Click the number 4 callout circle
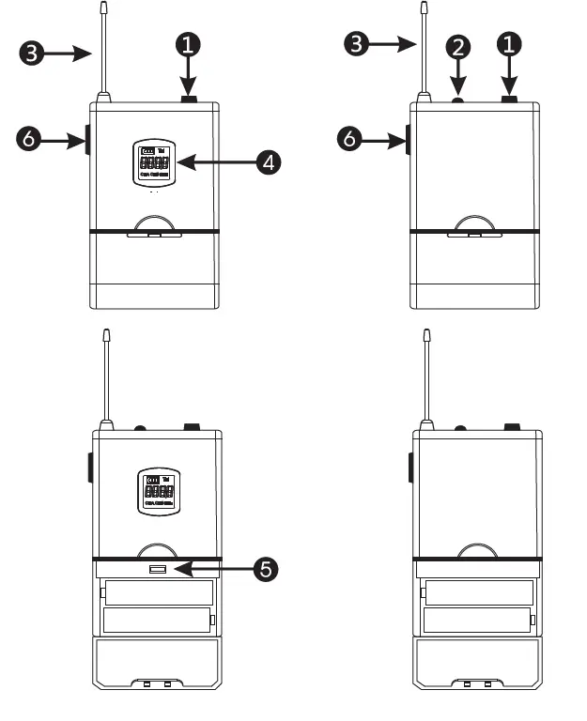(270, 161)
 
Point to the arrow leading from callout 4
(217, 161)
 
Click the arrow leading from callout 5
(217, 569)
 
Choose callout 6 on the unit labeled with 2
(348, 140)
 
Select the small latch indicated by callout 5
(157, 570)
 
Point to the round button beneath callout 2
(458, 100)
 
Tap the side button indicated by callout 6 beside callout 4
(87, 141)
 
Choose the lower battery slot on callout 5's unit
(157, 621)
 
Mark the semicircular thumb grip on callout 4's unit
(155, 224)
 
